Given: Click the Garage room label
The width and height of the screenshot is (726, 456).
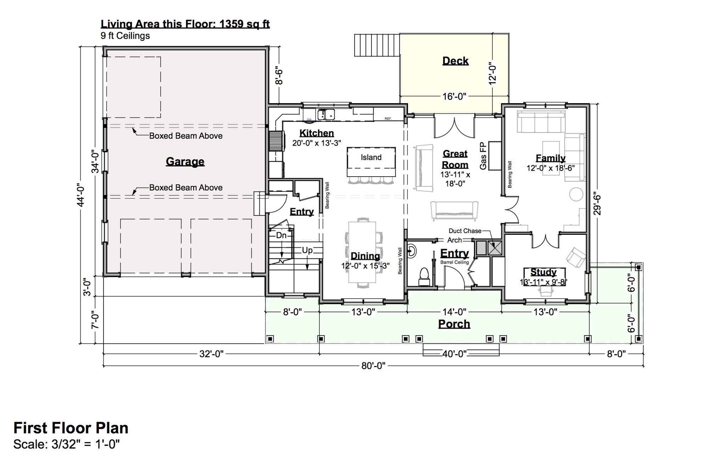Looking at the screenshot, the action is (x=185, y=162).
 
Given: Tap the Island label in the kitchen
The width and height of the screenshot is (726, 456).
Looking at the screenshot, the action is (x=371, y=157).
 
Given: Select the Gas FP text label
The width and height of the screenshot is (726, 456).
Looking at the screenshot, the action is (x=483, y=156).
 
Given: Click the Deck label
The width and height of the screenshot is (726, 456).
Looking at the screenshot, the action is (x=456, y=61).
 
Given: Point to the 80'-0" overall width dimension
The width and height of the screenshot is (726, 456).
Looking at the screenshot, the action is (x=373, y=366).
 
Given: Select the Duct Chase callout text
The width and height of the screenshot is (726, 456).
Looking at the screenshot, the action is (x=465, y=231).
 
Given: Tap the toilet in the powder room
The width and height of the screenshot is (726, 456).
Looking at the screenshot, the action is (x=424, y=277).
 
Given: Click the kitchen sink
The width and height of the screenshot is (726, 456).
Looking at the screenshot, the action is (x=326, y=115).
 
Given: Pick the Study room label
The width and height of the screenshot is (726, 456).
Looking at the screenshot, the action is (x=543, y=272).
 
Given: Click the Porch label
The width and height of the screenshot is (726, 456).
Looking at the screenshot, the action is (x=454, y=324).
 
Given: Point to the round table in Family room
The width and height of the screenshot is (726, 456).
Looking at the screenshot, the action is (x=576, y=194).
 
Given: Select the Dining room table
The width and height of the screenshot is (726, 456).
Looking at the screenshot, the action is (x=362, y=252).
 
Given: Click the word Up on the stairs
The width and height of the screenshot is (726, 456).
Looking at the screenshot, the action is (x=307, y=250).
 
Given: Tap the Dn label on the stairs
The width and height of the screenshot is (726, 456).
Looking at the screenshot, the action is (x=281, y=235).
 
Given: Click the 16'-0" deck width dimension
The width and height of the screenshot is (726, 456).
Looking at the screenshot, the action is (x=454, y=96).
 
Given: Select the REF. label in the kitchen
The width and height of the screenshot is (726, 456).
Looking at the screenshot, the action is (x=388, y=118).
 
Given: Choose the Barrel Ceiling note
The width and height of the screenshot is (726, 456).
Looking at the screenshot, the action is (x=454, y=262).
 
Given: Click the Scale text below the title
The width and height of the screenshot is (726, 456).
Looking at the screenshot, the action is (x=67, y=444).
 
